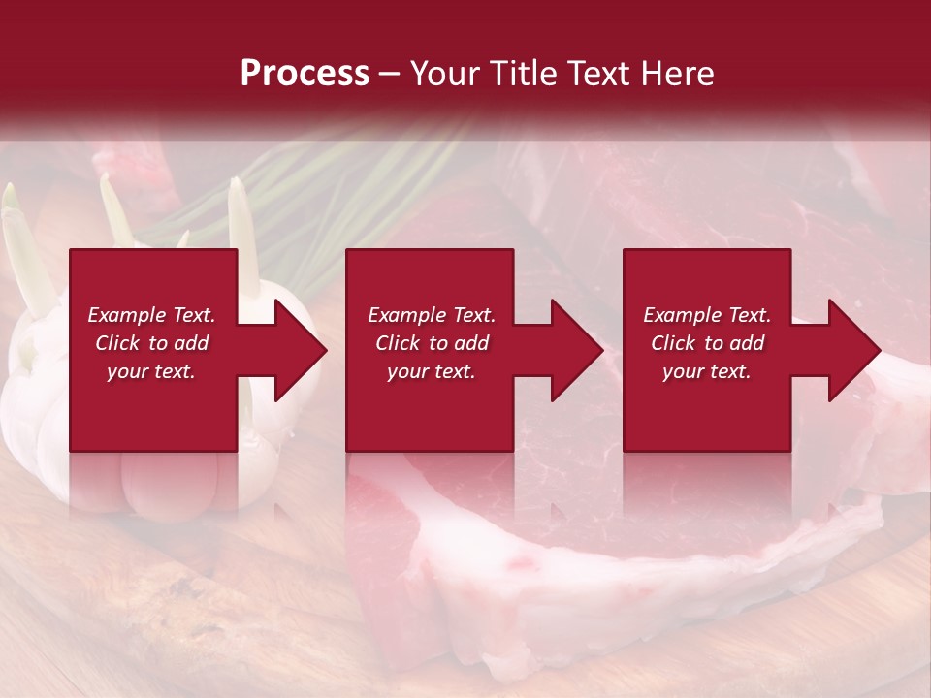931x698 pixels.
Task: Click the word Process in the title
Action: tap(305, 74)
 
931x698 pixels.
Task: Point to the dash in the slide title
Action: tap(389, 75)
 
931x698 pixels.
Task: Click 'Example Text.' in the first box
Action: tap(151, 315)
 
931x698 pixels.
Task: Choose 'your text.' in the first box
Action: tap(151, 371)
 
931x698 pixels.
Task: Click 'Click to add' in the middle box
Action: tap(432, 343)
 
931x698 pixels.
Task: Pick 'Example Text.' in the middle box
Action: tap(432, 315)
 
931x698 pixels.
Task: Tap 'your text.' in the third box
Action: tap(707, 371)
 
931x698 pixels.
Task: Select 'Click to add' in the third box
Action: tap(707, 343)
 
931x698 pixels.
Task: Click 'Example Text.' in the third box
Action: tap(707, 315)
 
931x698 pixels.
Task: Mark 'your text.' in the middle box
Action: tap(432, 371)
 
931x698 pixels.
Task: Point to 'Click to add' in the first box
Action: tap(151, 343)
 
